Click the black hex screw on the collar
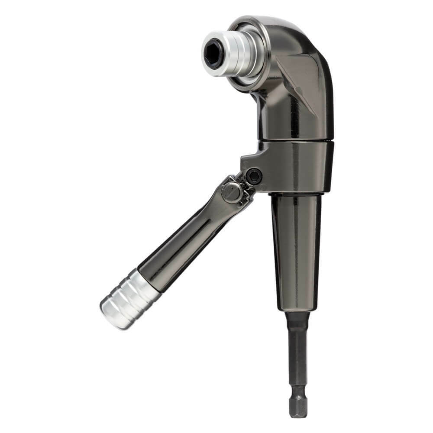pos(253,176)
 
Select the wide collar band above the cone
pos(299,167)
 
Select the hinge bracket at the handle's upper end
pos(236,191)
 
